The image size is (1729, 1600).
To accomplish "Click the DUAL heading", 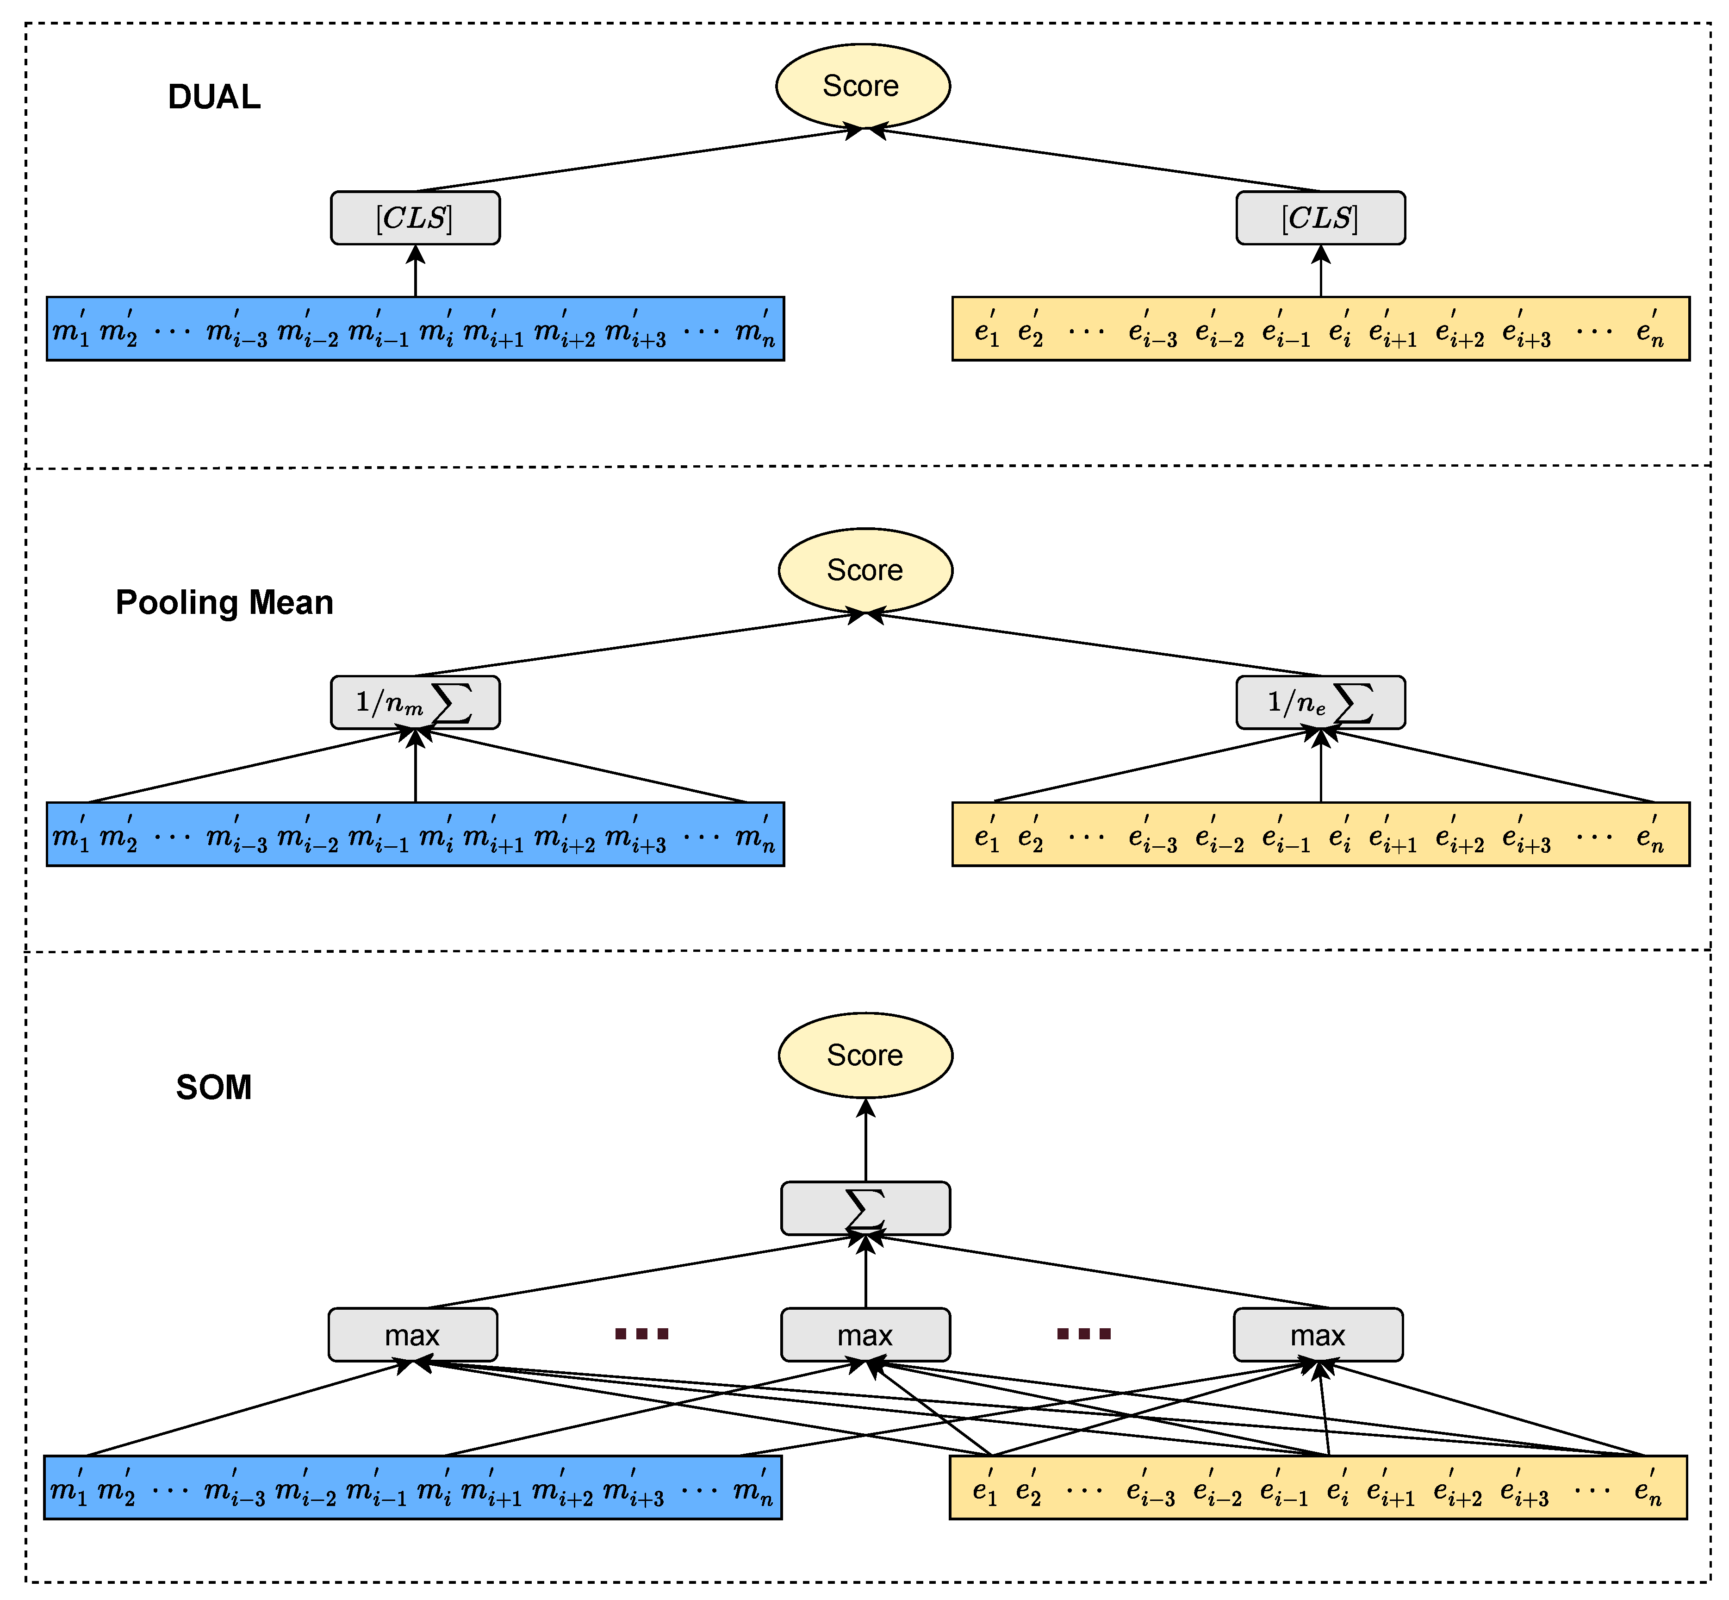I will [x=214, y=97].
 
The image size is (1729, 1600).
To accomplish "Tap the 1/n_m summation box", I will [x=416, y=702].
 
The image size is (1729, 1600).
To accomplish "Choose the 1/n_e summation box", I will [x=1320, y=702].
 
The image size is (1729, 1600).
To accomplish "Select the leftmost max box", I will [x=413, y=1334].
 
